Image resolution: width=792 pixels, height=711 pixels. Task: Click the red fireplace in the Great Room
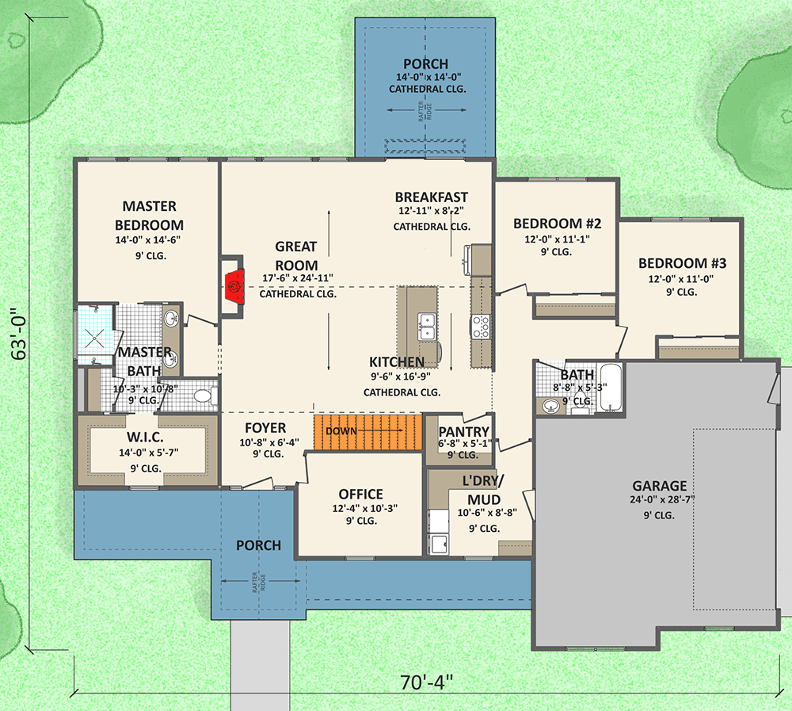pyautogui.click(x=235, y=287)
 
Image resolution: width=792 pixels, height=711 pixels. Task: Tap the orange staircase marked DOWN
pyautogui.click(x=367, y=432)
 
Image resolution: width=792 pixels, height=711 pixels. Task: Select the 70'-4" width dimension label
pyautogui.click(x=427, y=682)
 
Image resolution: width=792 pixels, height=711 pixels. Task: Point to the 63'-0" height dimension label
pyautogui.click(x=19, y=334)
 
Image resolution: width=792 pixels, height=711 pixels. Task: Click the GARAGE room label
pyautogui.click(x=660, y=486)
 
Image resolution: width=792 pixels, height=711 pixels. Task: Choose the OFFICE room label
pyautogui.click(x=360, y=494)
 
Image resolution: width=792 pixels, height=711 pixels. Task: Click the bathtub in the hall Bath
pyautogui.click(x=611, y=388)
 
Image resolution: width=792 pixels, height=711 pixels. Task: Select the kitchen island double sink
pyautogui.click(x=427, y=327)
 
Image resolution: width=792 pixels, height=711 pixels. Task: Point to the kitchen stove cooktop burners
pyautogui.click(x=481, y=326)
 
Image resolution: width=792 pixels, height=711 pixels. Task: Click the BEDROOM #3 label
pyautogui.click(x=682, y=263)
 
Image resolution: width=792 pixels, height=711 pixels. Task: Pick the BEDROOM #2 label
pyautogui.click(x=557, y=224)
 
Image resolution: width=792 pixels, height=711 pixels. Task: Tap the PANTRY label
pyautogui.click(x=463, y=432)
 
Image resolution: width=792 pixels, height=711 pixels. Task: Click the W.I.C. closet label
pyautogui.click(x=145, y=437)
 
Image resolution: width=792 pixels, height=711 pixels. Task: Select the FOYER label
pyautogui.click(x=265, y=428)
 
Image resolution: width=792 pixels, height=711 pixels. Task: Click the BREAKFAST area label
pyautogui.click(x=432, y=197)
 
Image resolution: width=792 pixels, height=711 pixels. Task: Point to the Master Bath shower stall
pyautogui.click(x=94, y=334)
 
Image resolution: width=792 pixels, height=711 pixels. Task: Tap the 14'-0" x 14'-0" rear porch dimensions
pyautogui.click(x=428, y=78)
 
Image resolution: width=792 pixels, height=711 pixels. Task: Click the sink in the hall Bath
pyautogui.click(x=549, y=405)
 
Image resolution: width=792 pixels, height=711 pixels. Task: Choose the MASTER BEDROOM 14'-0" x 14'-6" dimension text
pyautogui.click(x=148, y=239)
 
